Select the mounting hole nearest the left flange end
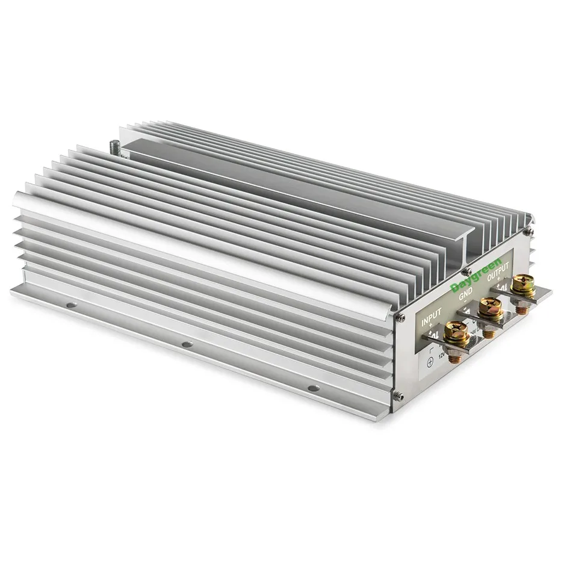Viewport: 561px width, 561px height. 71,305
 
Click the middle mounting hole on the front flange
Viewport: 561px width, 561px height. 187,344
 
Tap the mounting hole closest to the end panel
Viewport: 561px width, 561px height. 312,389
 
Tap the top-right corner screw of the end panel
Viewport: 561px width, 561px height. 529,231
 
